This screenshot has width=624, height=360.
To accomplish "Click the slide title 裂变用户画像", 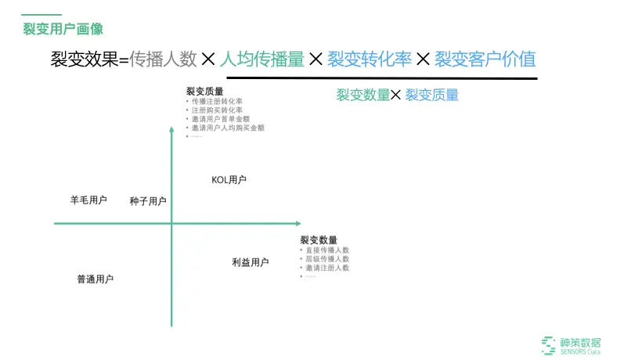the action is pyautogui.click(x=63, y=29).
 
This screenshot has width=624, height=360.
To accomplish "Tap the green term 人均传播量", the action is pyautogui.click(x=262, y=59).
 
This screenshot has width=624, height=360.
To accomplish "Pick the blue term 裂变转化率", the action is pyautogui.click(x=368, y=59).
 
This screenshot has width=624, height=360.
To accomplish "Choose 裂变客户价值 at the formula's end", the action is pyautogui.click(x=485, y=59).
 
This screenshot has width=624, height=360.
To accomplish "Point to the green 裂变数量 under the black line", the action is pyautogui.click(x=362, y=95).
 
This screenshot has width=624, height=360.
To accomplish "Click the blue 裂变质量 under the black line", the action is pyautogui.click(x=431, y=95).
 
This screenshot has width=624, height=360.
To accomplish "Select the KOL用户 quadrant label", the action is pyautogui.click(x=229, y=180).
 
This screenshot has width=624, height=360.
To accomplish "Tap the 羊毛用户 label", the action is pyautogui.click(x=88, y=200).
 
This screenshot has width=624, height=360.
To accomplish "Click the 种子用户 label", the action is pyautogui.click(x=148, y=201).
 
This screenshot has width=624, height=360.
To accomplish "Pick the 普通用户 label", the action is pyautogui.click(x=95, y=279).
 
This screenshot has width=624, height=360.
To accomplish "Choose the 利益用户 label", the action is pyautogui.click(x=251, y=262).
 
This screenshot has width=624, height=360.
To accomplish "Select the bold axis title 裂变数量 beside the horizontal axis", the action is pyautogui.click(x=319, y=239).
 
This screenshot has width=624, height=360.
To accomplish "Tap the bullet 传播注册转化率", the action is pyautogui.click(x=217, y=102).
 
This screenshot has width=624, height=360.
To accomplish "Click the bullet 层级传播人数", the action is pyautogui.click(x=327, y=258).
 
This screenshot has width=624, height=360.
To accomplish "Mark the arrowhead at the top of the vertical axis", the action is pyautogui.click(x=171, y=130).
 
